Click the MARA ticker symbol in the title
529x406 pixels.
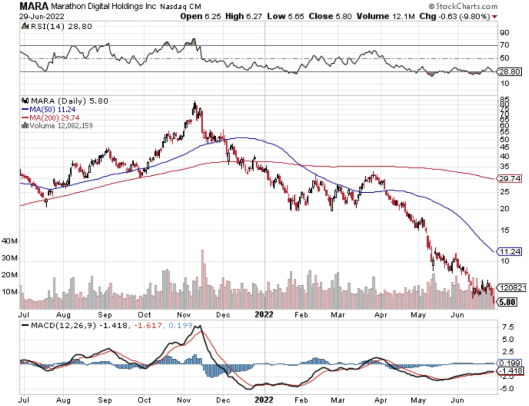[34, 6]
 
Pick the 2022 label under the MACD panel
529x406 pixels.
[263, 399]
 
